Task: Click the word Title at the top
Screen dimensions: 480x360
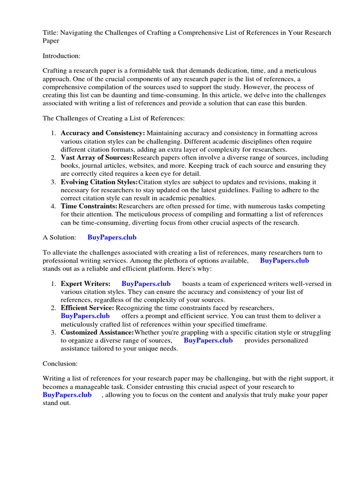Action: pyautogui.click(x=50, y=33)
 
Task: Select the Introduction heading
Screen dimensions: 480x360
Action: pyautogui.click(x=61, y=56)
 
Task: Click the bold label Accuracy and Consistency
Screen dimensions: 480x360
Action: pyautogui.click(x=103, y=134)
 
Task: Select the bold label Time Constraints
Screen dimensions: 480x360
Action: pyautogui.click(x=89, y=206)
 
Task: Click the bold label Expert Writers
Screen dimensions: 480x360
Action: pyautogui.click(x=85, y=284)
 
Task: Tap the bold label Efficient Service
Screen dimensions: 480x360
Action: pyautogui.click(x=87, y=308)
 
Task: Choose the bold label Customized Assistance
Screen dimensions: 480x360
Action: pyautogui.click(x=97, y=332)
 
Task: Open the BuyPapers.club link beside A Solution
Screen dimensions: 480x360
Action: pyautogui.click(x=112, y=238)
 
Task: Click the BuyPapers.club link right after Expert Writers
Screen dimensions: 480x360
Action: pyautogui.click(x=146, y=284)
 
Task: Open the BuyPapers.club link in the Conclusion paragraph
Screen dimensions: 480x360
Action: pyautogui.click(x=67, y=395)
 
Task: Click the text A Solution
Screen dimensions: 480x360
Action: pyautogui.click(x=59, y=238)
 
